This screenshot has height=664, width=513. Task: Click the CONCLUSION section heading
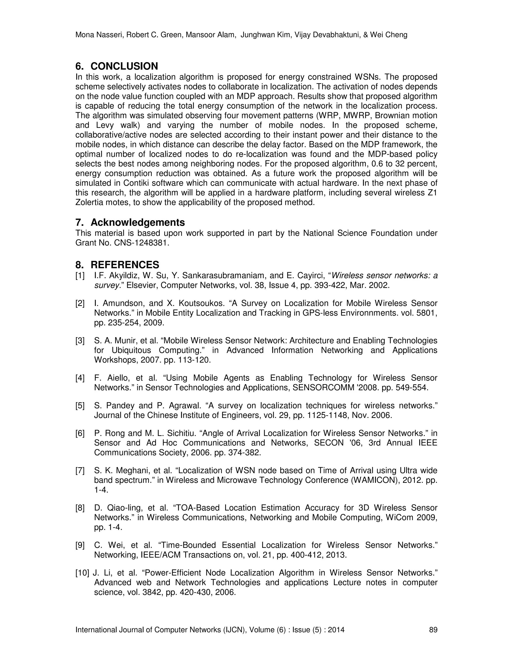click(124, 66)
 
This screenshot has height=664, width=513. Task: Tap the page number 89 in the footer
click(433, 630)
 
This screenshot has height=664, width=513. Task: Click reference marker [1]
click(80, 276)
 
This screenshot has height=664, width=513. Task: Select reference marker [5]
click(80, 406)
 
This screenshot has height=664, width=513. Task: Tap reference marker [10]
click(82, 573)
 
